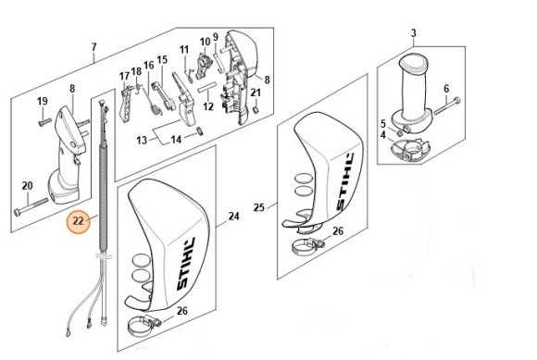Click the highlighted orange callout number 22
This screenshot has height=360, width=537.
tap(79, 221)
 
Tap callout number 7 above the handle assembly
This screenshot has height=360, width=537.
tap(94, 47)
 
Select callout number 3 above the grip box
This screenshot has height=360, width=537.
tap(413, 33)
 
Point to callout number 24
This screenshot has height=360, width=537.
tap(233, 217)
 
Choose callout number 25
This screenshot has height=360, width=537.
tap(259, 207)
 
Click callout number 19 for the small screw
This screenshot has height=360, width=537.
tap(42, 101)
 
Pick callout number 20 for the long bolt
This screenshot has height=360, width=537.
tap(28, 186)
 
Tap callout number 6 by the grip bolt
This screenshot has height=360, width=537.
tap(446, 89)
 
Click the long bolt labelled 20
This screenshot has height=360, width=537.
tap(31, 206)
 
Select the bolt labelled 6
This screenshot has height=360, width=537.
tap(447, 106)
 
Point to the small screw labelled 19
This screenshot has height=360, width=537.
tap(44, 121)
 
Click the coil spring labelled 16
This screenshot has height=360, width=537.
tap(154, 103)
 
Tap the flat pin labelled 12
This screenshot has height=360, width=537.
tap(207, 87)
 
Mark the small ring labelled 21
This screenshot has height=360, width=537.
tap(256, 109)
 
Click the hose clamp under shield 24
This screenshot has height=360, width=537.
tap(144, 326)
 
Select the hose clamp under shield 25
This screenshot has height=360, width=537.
tap(308, 245)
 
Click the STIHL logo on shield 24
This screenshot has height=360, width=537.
tap(186, 265)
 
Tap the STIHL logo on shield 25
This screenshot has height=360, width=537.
tap(344, 182)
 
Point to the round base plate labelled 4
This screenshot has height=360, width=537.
tap(411, 150)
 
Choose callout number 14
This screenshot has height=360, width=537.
tap(176, 140)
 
